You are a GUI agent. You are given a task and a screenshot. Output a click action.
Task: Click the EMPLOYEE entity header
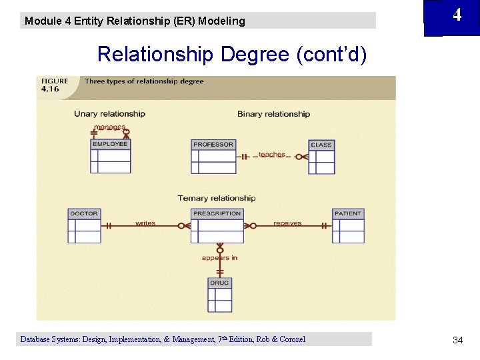(x=110, y=144)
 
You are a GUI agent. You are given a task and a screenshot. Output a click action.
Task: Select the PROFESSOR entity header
(x=213, y=145)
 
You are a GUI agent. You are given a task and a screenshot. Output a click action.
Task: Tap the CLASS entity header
(x=321, y=145)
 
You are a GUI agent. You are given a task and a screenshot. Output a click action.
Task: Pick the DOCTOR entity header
(x=84, y=213)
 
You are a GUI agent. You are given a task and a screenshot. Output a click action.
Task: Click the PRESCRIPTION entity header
(x=217, y=213)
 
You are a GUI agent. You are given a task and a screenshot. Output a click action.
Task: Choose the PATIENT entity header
(x=348, y=213)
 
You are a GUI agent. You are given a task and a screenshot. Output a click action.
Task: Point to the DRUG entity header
(x=219, y=283)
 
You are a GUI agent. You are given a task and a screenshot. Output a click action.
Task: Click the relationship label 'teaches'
(x=272, y=155)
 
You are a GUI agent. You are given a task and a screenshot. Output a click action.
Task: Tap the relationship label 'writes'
(x=145, y=223)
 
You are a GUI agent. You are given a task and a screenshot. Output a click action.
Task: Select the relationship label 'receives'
(x=287, y=223)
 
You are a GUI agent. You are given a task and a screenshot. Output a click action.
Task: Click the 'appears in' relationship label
(x=219, y=258)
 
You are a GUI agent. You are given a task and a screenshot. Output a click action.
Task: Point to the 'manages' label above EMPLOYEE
(x=109, y=127)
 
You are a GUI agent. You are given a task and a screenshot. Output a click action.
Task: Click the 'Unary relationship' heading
(x=109, y=114)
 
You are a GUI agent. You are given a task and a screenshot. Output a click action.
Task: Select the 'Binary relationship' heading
(x=273, y=114)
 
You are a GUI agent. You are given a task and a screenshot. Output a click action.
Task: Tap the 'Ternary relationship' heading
(x=217, y=198)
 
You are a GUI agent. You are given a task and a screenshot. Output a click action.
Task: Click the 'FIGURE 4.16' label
(x=55, y=85)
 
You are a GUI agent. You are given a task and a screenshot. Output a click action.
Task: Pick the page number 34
(x=457, y=340)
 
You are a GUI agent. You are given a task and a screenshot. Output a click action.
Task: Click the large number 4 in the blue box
(x=457, y=15)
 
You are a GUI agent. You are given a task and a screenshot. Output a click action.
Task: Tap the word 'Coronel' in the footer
(x=291, y=339)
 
